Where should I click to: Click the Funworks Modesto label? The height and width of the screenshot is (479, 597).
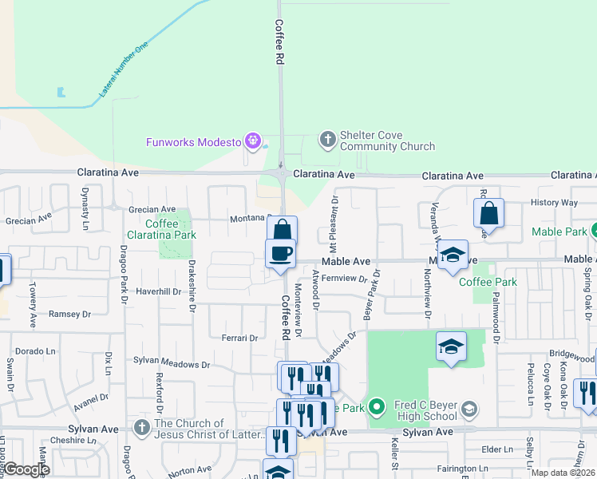pos(193,142)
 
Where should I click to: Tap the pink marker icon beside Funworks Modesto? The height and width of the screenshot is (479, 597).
pos(254,142)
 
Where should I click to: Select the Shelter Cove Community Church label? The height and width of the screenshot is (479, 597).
pos(387,141)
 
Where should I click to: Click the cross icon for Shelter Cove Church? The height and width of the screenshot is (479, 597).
pos(327,141)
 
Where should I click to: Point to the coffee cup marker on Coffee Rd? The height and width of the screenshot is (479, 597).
pos(280,254)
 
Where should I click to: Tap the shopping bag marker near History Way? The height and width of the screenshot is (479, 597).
pos(488,213)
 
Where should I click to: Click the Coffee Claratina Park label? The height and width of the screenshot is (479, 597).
pos(161,229)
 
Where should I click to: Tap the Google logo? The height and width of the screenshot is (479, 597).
pos(26,469)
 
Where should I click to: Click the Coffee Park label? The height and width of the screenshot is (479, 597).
pos(488,282)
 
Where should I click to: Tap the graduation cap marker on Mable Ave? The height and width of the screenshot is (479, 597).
pos(453,255)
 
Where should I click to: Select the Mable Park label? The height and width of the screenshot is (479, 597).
pos(559,232)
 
